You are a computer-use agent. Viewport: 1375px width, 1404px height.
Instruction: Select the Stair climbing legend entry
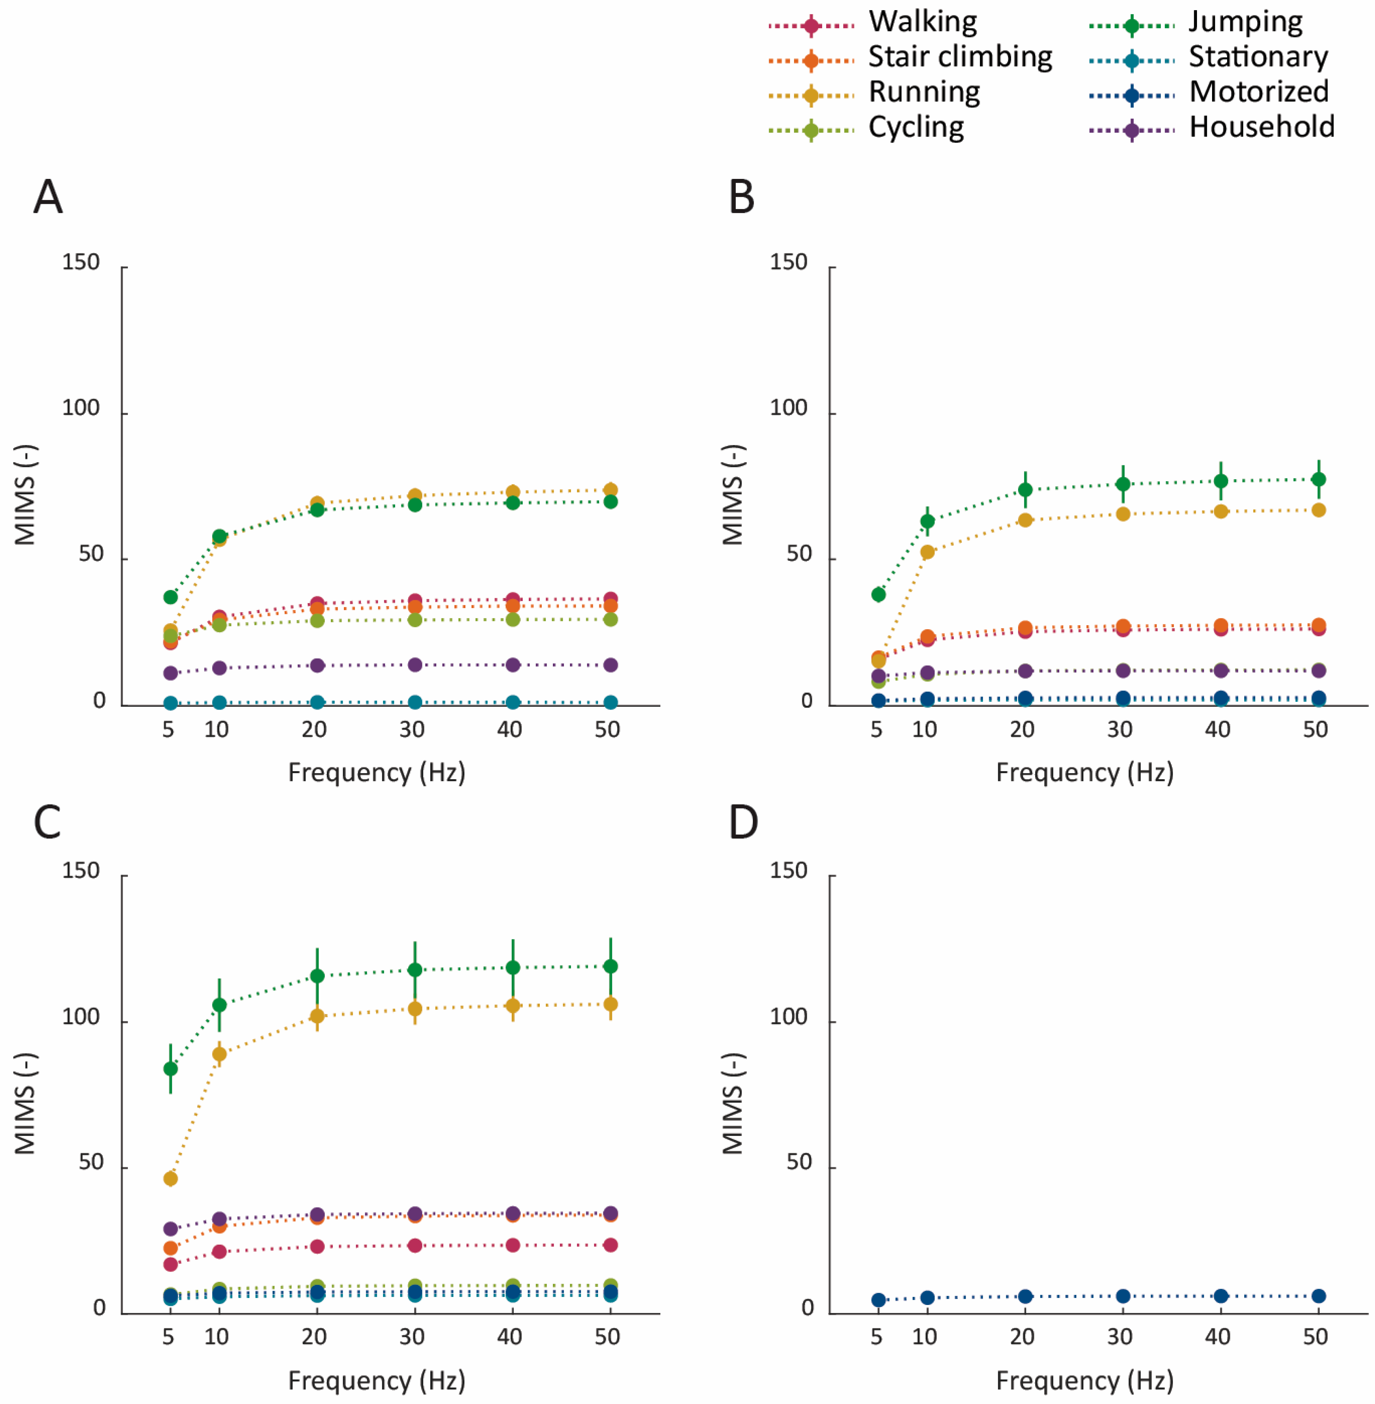click(910, 58)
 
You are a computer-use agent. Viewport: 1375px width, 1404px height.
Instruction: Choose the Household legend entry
click(1212, 128)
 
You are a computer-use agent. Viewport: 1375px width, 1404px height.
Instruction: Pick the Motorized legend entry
click(1209, 93)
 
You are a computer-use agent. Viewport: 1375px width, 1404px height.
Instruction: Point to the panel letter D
click(743, 822)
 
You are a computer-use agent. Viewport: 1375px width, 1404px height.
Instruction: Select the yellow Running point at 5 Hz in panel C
click(170, 1179)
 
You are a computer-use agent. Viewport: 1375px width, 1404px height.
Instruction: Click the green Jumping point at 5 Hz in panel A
click(170, 597)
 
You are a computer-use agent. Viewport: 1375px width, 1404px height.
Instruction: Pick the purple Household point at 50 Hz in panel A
click(610, 665)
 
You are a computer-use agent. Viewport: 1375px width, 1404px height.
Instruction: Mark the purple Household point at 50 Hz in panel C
click(610, 1213)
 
